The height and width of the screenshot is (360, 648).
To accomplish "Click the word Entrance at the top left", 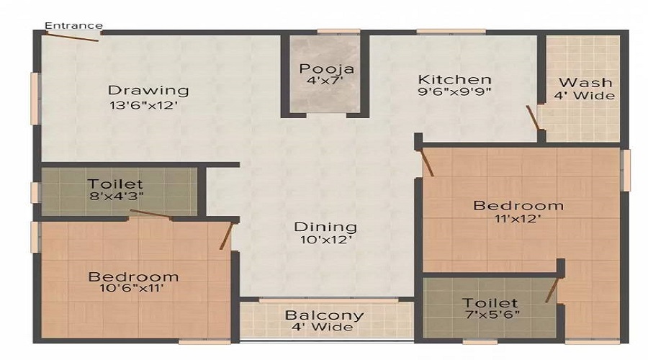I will pos(73,26).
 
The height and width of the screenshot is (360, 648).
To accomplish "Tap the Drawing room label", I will pos(148,91).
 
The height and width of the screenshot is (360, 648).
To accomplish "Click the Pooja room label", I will pos(327,69).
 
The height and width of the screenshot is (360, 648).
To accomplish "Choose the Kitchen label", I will pos(455,79).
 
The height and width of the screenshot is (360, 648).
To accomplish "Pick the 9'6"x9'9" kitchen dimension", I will pos(455,94).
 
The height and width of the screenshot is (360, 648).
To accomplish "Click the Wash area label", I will pos(585,82).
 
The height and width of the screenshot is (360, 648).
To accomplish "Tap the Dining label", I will pos(325,227).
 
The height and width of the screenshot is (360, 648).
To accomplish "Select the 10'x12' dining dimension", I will pos(325,241).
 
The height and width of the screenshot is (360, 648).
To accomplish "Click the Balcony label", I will pos(324,315).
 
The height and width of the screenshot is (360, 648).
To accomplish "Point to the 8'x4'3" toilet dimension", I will pos(115,198).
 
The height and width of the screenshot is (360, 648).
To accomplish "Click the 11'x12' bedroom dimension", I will pos(518,220).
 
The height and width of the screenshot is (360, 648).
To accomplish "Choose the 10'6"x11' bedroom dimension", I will pos(133,289).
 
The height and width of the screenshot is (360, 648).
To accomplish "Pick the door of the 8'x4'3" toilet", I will pos(151,214).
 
